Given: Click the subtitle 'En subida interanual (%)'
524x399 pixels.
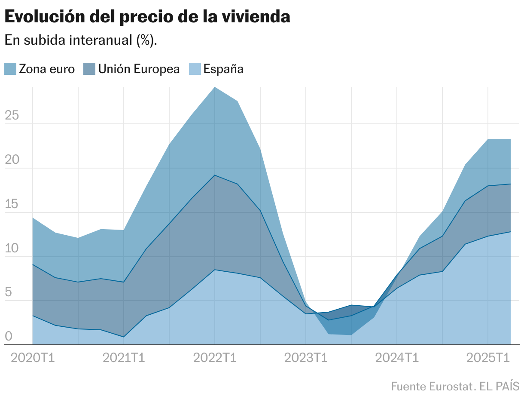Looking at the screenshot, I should click(x=80, y=40).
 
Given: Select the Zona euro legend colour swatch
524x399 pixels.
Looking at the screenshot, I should click(x=10, y=69).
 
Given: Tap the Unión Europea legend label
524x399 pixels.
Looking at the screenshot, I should click(x=139, y=69).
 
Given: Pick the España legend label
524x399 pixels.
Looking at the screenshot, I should click(x=223, y=69).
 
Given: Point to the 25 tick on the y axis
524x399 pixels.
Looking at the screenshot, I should click(x=12, y=115).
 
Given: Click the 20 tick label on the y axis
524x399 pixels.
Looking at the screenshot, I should click(x=12, y=160).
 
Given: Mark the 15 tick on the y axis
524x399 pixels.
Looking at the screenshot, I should click(x=12, y=204).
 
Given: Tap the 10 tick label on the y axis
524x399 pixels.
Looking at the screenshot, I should click(x=12, y=248).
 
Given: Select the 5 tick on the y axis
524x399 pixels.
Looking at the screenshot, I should click(x=9, y=292).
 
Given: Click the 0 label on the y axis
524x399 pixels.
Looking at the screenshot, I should click(x=9, y=336).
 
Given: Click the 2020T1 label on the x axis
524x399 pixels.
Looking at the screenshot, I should click(x=33, y=358).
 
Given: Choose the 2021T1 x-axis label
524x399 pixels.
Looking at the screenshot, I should click(x=124, y=358).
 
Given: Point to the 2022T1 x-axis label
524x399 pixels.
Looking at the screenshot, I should click(x=215, y=358).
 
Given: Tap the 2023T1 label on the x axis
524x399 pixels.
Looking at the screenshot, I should click(x=306, y=358).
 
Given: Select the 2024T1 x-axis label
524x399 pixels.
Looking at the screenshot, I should click(x=397, y=358).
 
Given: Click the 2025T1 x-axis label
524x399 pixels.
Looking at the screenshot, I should click(x=488, y=358).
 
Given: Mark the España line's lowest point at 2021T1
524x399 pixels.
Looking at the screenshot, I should click(x=124, y=337).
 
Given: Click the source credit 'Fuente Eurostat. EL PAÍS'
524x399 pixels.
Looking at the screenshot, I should click(x=455, y=386).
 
